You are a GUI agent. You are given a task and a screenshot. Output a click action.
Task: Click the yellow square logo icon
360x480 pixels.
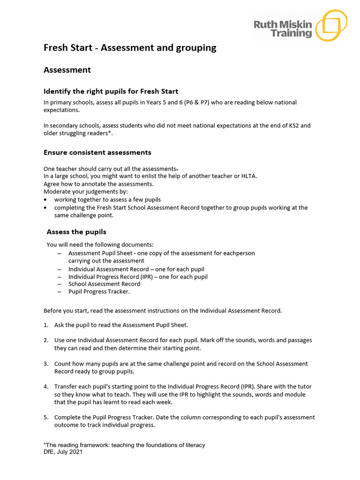331,25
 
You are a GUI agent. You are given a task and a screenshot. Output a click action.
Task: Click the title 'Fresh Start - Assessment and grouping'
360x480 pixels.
130,47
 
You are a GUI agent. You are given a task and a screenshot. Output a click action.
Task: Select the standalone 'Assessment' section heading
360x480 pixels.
67,70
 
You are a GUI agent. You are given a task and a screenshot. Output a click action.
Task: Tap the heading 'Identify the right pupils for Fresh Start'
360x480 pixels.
111,91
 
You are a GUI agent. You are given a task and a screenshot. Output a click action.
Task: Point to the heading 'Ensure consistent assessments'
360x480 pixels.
97,152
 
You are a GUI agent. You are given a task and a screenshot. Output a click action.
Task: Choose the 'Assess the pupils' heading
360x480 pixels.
76,232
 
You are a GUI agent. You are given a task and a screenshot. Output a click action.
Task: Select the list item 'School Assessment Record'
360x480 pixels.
104,284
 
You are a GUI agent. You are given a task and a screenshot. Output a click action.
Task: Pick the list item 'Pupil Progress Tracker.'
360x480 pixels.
99,291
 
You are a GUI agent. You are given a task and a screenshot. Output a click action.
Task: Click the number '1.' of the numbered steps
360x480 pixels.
46,325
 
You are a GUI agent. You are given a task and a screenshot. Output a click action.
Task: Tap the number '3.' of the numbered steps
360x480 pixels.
46,364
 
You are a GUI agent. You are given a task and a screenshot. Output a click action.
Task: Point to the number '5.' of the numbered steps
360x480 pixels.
46,417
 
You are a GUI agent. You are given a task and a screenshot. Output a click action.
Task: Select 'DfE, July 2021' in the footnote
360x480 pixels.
63,452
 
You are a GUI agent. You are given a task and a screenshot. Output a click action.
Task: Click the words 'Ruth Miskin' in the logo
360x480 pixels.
283,24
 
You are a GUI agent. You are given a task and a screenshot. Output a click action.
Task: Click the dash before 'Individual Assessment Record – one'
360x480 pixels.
60,269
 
